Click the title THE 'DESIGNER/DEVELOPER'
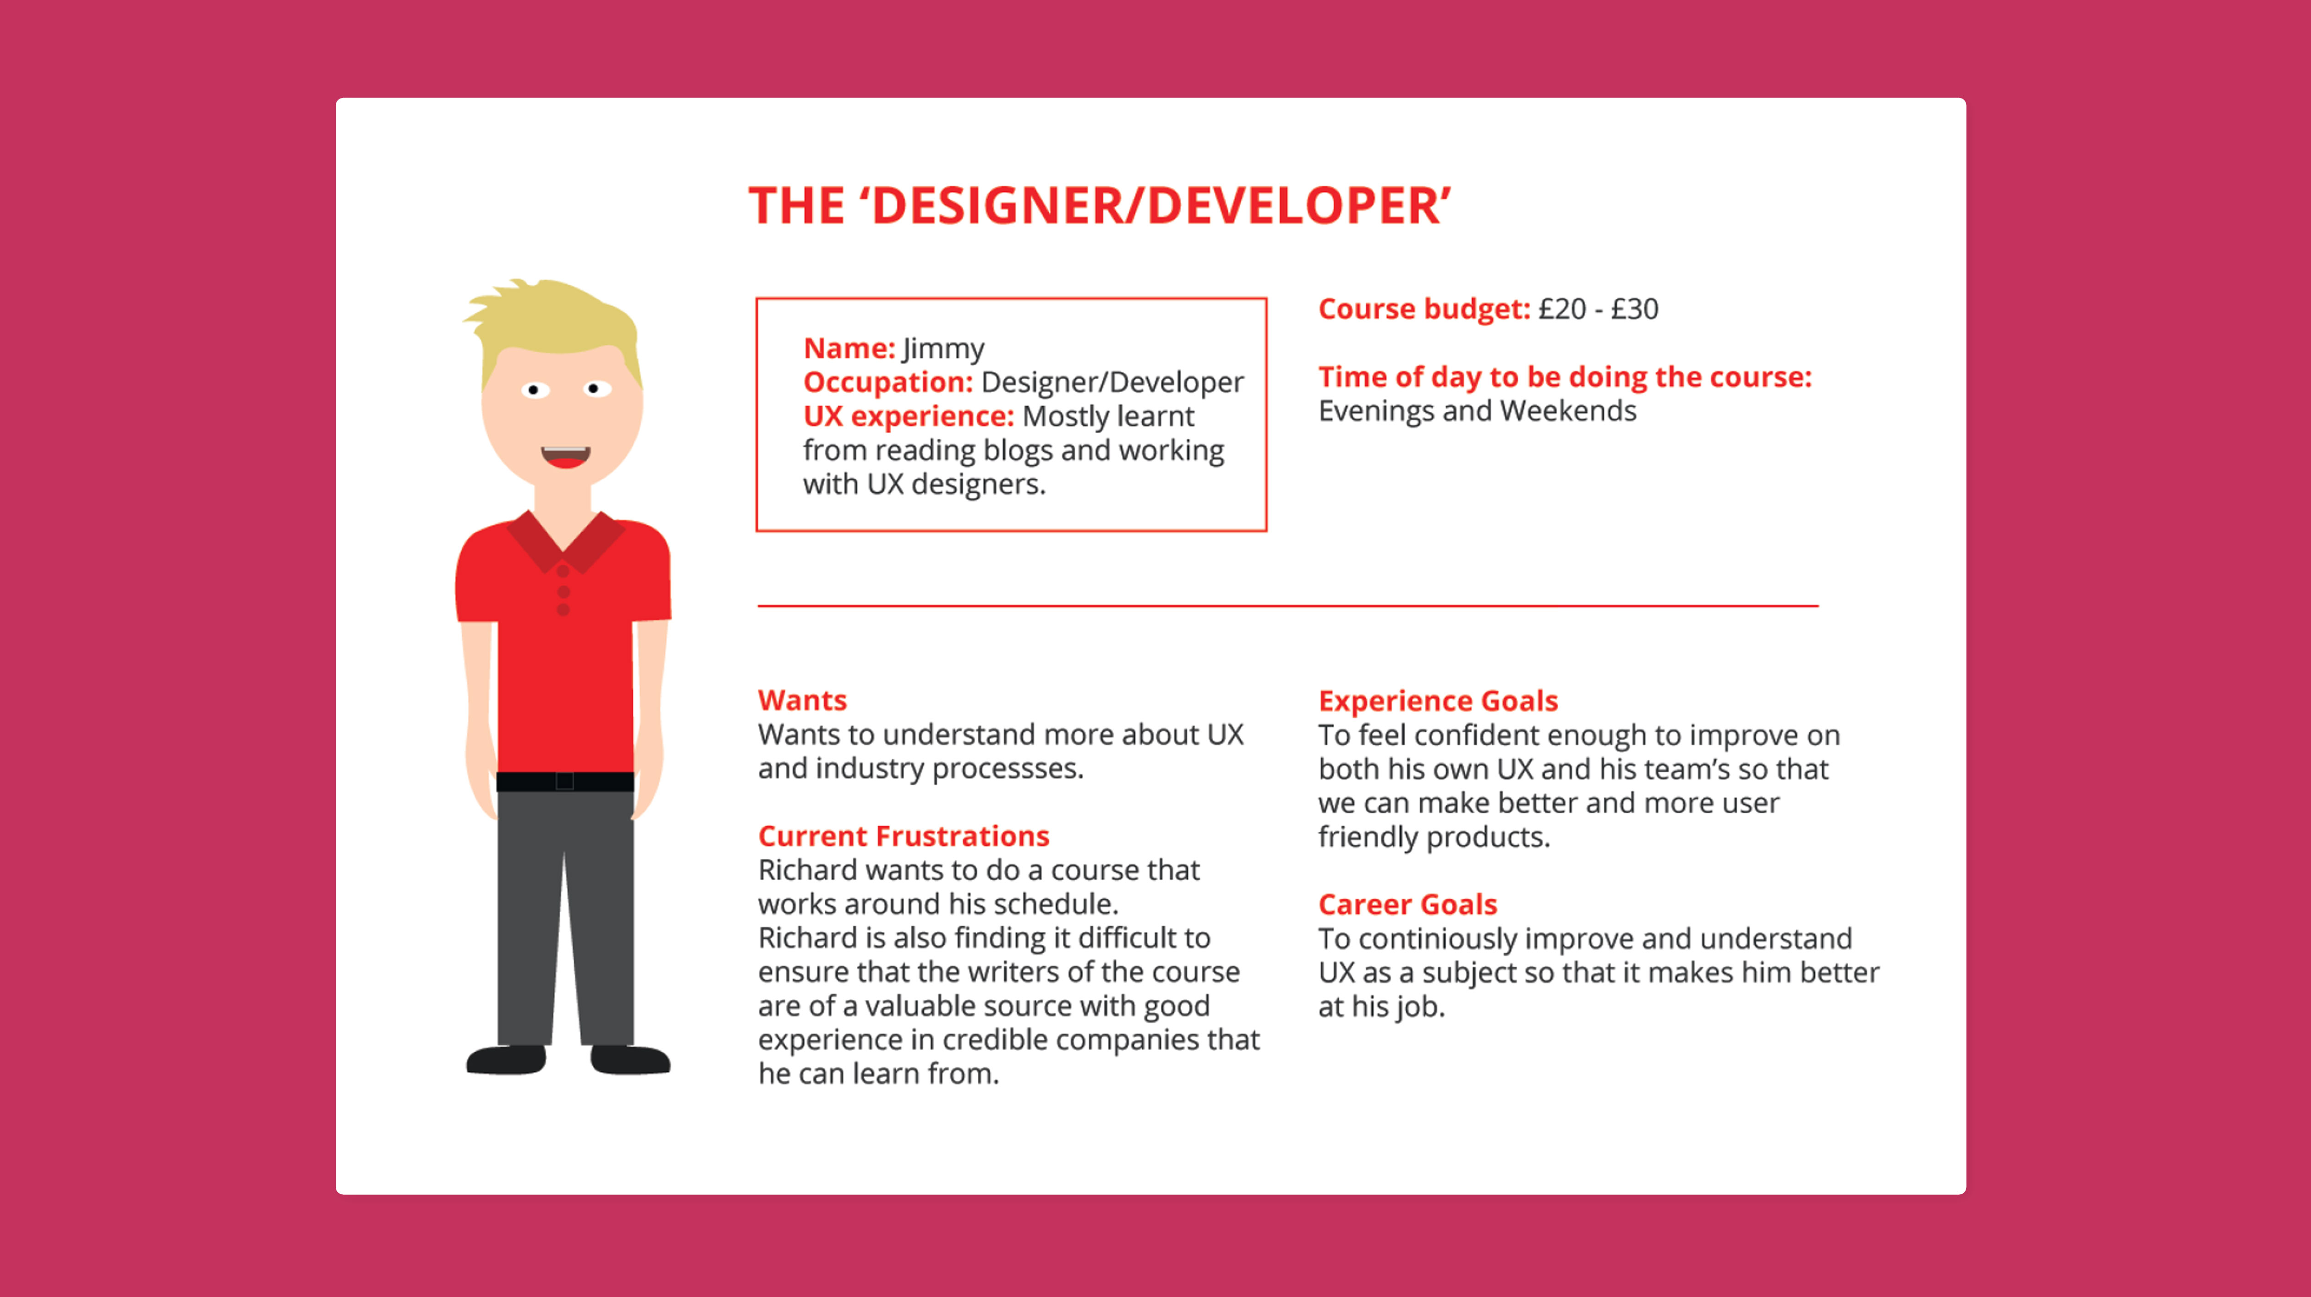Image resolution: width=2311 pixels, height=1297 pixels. tap(1100, 205)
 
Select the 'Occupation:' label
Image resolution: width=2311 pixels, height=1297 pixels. tap(888, 382)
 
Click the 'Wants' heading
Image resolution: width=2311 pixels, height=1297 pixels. tap(802, 700)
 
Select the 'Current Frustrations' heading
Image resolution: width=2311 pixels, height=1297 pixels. tap(904, 836)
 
